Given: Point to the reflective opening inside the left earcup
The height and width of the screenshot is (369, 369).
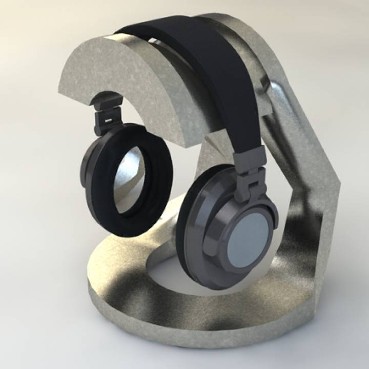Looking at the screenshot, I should [x=128, y=177].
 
